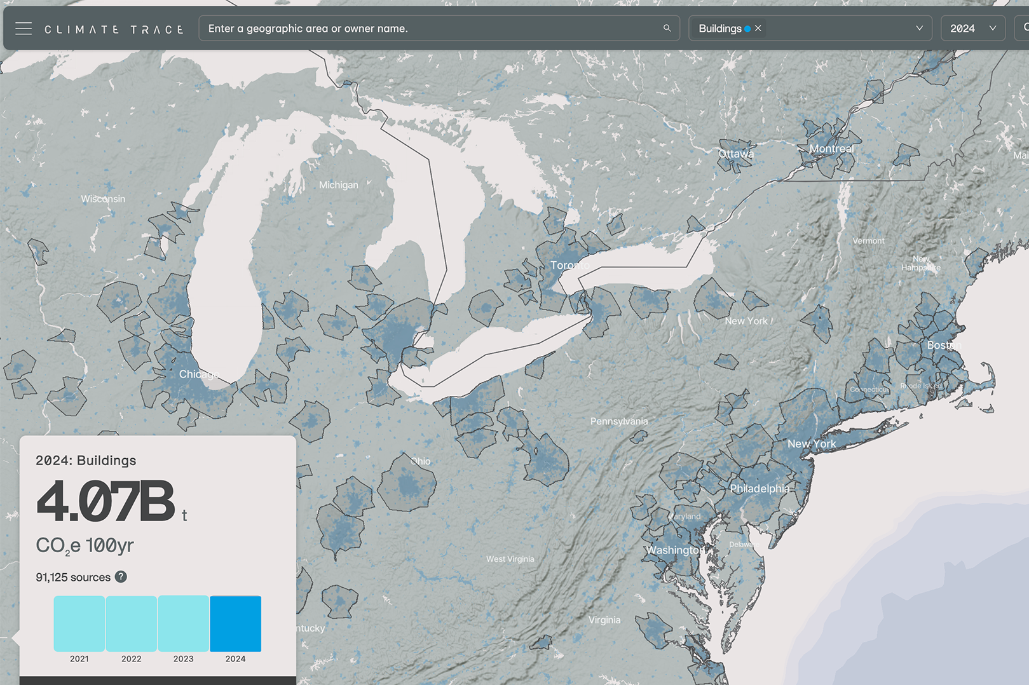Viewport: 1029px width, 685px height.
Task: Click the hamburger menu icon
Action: coord(24,29)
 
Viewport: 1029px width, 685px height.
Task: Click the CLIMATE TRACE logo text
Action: coord(114,29)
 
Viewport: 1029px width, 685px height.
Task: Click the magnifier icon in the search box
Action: coord(667,28)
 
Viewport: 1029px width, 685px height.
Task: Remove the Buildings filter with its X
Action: coord(758,28)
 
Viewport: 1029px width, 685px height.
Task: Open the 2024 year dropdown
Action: coord(972,29)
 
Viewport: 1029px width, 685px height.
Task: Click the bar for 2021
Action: coord(79,623)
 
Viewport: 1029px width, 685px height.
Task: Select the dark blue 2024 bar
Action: coord(235,623)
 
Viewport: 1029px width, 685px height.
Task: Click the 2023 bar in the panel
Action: coord(183,623)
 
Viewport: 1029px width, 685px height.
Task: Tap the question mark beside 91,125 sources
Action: coord(121,577)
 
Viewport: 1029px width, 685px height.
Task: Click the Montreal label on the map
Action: coord(831,149)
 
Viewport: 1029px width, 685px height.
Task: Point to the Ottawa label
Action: coord(736,154)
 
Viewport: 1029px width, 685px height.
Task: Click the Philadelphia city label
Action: coord(760,489)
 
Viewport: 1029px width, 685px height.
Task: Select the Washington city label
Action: coord(675,550)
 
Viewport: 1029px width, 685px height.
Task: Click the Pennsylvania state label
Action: coord(619,421)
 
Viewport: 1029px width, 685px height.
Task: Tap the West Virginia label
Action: coord(510,559)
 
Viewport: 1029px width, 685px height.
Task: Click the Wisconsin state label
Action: coord(103,199)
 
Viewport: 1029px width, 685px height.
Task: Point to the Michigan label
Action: coord(338,185)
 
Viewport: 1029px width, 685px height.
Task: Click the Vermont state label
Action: coord(868,241)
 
